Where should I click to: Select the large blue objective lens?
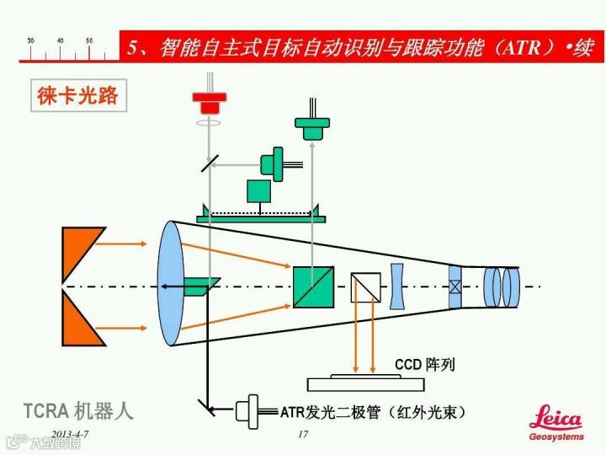pos(170,283)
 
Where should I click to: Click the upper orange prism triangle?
pos(83,250)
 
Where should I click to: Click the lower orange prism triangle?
pos(83,322)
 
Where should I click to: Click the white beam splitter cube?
pos(366,286)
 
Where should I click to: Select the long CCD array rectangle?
pos(365,384)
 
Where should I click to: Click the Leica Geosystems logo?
pos(555,422)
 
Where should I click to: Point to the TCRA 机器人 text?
pos(77,410)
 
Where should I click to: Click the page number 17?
pos(304,434)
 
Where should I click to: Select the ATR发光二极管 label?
pos(373,412)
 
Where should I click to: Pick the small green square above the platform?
pos(259,190)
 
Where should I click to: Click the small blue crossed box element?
pos(455,286)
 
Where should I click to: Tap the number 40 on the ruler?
pos(60,40)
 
